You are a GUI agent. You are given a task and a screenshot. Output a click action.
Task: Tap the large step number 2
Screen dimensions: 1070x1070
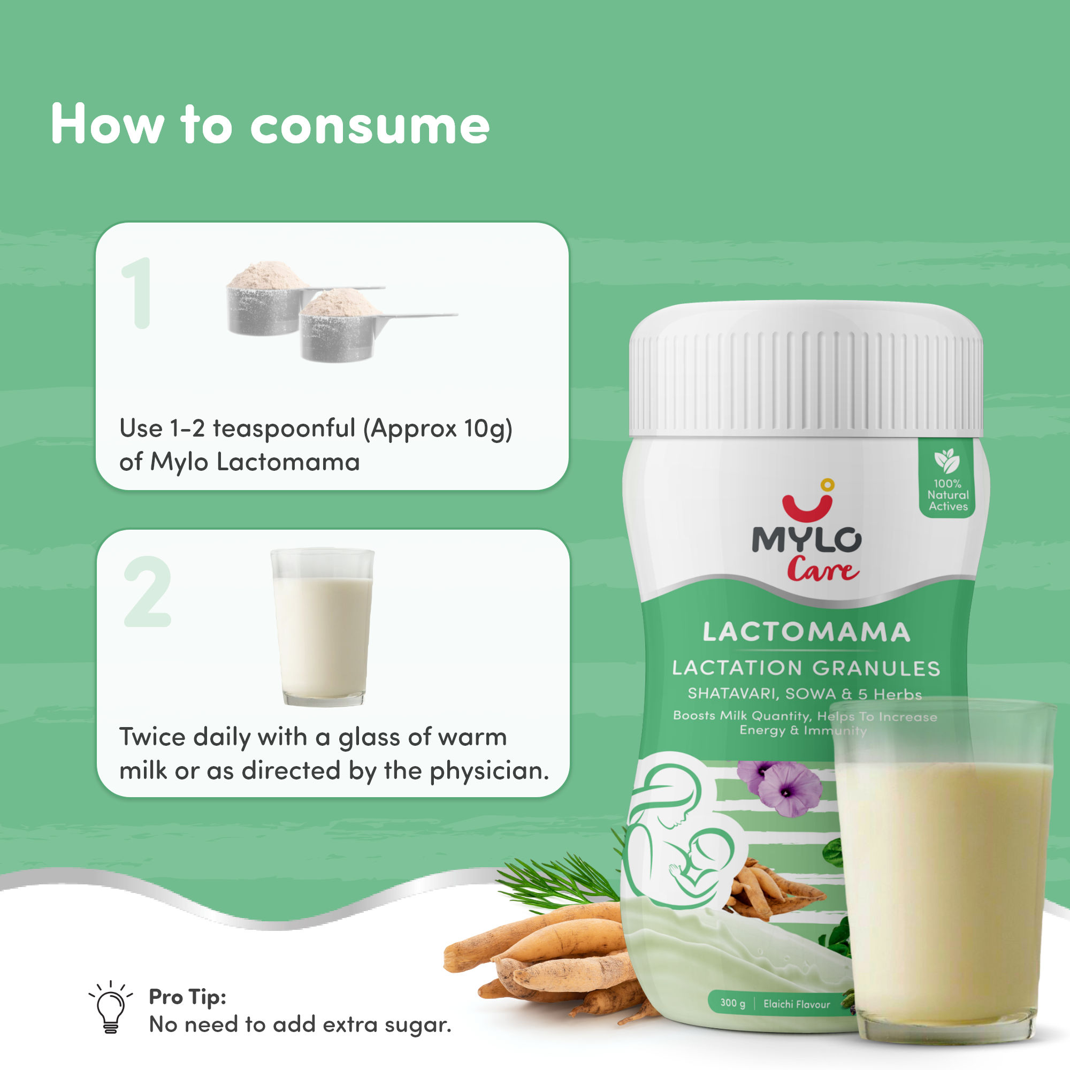(x=147, y=592)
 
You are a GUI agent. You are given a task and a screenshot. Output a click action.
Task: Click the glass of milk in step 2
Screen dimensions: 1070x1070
(x=322, y=627)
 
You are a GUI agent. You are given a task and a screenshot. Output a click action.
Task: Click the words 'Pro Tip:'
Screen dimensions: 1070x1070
(x=188, y=997)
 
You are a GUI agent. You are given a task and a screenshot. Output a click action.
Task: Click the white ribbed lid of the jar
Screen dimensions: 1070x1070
(x=806, y=369)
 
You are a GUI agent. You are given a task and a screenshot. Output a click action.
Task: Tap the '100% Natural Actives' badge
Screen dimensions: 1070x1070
(x=947, y=479)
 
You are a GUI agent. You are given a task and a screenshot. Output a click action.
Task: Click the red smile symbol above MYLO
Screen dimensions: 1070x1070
(x=807, y=502)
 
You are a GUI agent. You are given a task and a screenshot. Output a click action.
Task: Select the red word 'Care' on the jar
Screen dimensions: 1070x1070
(x=823, y=569)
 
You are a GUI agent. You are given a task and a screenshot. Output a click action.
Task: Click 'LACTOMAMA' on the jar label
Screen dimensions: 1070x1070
(x=806, y=632)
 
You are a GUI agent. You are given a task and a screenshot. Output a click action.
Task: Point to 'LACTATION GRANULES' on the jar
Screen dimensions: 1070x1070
(x=806, y=668)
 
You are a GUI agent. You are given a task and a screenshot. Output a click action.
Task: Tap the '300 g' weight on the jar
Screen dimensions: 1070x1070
(x=733, y=1003)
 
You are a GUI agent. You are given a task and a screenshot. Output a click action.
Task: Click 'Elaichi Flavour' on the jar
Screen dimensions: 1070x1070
(x=797, y=1004)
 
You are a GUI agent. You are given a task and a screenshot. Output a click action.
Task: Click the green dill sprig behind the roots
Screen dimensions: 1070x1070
(x=560, y=881)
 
